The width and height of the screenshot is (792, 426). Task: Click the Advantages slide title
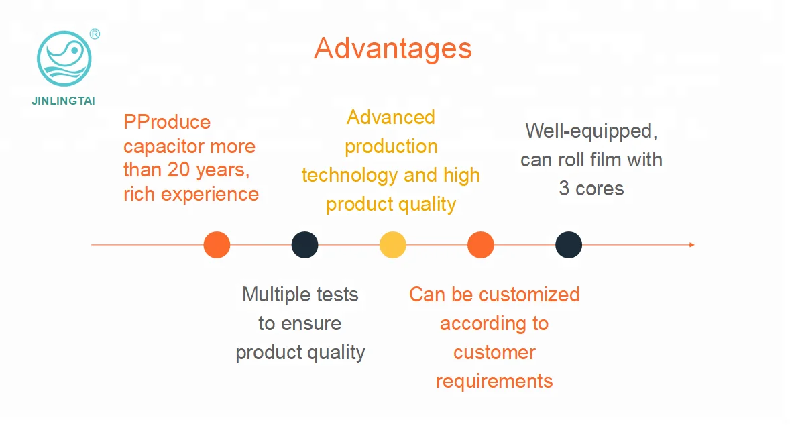393,49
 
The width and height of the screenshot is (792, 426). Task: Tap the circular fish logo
64,58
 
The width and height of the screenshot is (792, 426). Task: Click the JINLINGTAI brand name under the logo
63,101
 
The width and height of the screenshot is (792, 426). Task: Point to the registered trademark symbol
95,34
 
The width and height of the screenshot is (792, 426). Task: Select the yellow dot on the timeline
392,245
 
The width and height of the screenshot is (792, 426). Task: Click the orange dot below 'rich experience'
217,245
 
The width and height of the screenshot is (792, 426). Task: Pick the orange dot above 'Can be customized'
480,245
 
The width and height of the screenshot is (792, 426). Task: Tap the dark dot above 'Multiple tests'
304,245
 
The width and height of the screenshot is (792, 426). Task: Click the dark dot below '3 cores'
568,245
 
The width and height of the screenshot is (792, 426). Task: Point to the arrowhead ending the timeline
692,245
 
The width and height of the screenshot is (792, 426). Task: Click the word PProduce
167,122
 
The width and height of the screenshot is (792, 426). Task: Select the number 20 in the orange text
179,170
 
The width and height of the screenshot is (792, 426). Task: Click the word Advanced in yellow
391,118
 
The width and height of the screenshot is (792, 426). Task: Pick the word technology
349,176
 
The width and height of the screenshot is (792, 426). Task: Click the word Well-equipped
591,131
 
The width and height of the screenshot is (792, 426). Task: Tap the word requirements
494,382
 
